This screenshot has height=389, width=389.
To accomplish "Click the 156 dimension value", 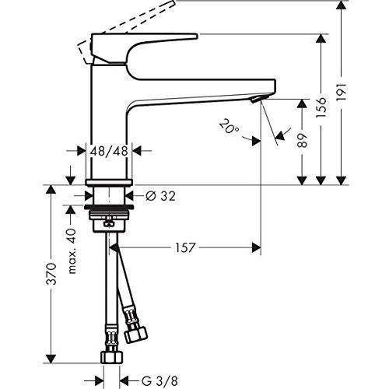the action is point(321,107).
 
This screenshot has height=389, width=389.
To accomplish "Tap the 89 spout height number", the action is point(302,140).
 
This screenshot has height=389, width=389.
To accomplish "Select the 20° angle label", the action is point(230,126).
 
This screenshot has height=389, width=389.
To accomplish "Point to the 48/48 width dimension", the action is point(109,151).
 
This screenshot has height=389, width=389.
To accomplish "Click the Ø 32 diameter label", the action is point(160,196).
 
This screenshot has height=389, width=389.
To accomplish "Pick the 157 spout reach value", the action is point(185,247).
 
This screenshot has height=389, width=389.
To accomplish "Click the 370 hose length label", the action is point(51,274).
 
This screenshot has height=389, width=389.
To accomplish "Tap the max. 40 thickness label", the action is point(72,251).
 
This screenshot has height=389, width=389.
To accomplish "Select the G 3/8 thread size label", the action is point(159,381).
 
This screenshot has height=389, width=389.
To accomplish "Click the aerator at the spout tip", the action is point(258,99).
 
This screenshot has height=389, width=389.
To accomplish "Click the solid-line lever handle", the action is point(144,48).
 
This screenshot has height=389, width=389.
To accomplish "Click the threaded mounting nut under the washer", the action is point(109,220).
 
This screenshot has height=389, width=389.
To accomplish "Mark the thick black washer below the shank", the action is point(109,207).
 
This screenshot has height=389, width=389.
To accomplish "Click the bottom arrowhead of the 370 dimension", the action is point(51,359).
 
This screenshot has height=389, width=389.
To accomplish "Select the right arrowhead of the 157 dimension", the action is point(256,247).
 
